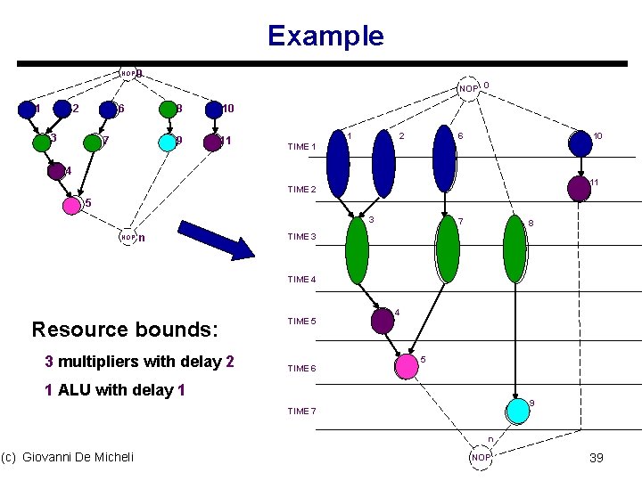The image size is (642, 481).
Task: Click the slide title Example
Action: (x=325, y=36)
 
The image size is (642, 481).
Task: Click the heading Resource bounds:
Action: (x=124, y=329)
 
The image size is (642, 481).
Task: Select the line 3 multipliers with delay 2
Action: (x=139, y=362)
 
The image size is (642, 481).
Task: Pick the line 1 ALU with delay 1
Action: (x=114, y=390)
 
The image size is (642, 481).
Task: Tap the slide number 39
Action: (x=597, y=457)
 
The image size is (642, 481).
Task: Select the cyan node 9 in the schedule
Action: (x=516, y=410)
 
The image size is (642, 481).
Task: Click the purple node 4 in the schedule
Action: (x=383, y=320)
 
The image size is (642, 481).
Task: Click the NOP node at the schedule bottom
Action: (x=481, y=457)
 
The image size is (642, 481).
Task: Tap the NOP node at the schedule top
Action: (x=469, y=88)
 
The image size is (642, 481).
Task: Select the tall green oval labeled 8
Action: (x=514, y=248)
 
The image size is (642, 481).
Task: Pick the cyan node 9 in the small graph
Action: (x=166, y=142)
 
